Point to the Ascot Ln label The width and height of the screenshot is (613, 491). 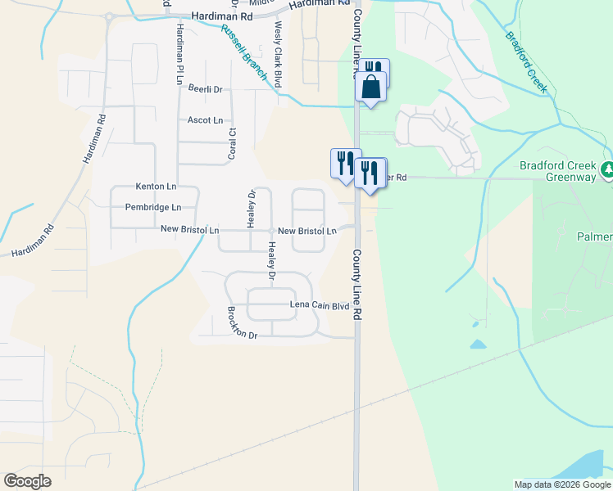point(205,120)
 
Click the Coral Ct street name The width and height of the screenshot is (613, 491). point(232,143)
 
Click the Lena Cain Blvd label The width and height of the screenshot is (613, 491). point(320,306)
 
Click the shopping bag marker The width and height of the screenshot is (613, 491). point(370,87)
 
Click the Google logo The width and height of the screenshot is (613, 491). point(27,481)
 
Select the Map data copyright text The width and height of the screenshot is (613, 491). point(562,484)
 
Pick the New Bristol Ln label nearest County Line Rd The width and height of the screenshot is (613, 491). point(306,232)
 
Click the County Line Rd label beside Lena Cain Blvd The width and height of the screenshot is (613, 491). point(357,283)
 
